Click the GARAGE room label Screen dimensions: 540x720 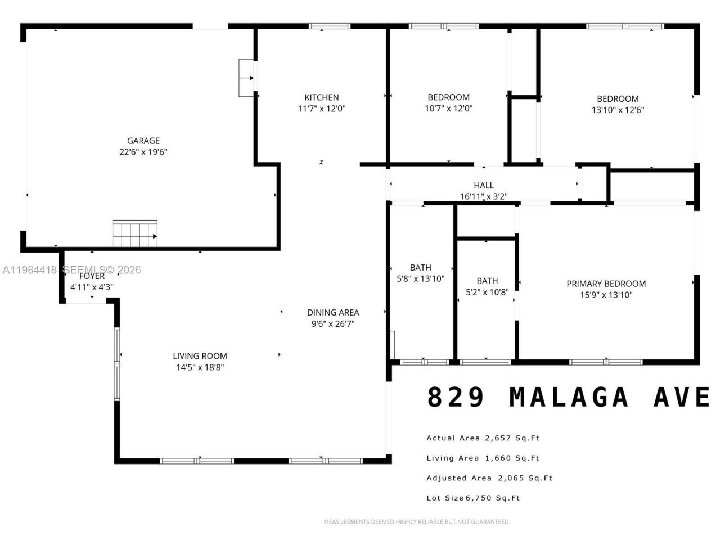click(x=143, y=141)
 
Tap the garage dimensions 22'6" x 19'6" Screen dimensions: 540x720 click(x=143, y=152)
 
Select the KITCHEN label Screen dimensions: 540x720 click(x=322, y=97)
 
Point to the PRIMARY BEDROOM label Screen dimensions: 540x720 click(x=606, y=283)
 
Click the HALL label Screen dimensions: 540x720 click(x=484, y=185)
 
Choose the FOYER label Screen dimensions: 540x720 click(x=92, y=276)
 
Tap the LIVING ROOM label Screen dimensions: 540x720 click(x=200, y=356)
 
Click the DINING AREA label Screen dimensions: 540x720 click(x=333, y=312)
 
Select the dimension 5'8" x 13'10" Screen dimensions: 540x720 click(x=421, y=278)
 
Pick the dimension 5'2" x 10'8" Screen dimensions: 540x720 click(x=487, y=292)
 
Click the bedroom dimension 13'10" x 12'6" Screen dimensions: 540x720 click(x=618, y=110)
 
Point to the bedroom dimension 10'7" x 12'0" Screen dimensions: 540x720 click(x=448, y=109)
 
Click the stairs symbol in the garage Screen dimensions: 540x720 click(x=135, y=233)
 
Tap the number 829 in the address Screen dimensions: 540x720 click(x=456, y=397)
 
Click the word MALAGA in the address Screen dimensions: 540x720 click(x=569, y=397)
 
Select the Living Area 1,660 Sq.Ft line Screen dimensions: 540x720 click(x=483, y=458)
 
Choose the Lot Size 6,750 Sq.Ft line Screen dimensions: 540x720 click(x=473, y=498)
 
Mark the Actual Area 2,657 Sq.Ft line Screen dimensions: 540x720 click(x=483, y=438)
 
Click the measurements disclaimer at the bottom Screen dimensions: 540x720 click(x=417, y=522)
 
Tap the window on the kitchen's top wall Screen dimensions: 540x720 click(x=330, y=26)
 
